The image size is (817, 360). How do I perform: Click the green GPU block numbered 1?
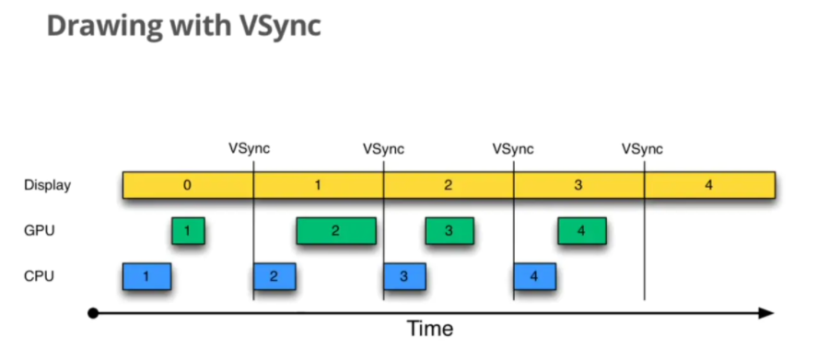point(188,231)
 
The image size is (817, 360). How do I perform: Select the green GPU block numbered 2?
point(335,231)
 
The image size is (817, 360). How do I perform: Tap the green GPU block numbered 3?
point(449,231)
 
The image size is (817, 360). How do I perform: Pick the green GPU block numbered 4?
point(581,231)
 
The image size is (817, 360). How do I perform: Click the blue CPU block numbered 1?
point(146,275)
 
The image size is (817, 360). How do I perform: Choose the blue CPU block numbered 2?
point(274,275)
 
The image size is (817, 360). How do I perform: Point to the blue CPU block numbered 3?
point(404,275)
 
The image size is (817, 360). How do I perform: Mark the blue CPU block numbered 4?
point(535,275)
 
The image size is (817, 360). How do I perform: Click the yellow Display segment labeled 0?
point(188,185)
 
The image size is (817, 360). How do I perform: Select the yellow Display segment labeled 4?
point(708,185)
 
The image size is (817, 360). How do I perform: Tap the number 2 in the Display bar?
point(449,185)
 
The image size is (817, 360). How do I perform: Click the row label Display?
point(48,185)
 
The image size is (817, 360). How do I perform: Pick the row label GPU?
point(40,231)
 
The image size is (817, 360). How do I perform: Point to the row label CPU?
point(40,275)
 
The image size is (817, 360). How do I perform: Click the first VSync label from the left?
point(250,148)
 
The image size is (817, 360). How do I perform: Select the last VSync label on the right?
point(642,148)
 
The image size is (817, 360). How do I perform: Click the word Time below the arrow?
point(431,329)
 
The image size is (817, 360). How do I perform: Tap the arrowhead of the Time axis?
point(766,313)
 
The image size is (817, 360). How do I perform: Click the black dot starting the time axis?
point(93,313)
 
